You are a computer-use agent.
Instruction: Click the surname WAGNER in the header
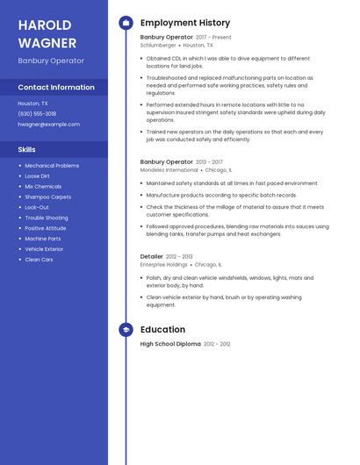pos(47,42)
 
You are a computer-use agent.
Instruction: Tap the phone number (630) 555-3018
pos(37,113)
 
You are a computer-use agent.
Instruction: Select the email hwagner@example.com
pos(49,124)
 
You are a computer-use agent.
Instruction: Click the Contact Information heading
pos(56,87)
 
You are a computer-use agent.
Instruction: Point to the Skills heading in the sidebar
pos(27,149)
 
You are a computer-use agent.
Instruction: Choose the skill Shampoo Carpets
pos(48,197)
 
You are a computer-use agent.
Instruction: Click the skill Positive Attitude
pos(46,228)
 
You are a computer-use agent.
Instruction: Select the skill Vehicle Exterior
pos(44,249)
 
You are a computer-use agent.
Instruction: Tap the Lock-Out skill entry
pos(37,207)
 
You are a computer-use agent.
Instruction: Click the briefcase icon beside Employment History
pos(126,23)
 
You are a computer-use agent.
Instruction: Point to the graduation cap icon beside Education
pos(126,330)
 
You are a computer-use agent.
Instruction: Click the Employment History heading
pos(185,23)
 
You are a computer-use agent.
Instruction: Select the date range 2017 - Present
pos(213,37)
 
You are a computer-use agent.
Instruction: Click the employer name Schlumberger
pos(158,45)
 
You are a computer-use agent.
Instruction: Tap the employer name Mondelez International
pos(169,169)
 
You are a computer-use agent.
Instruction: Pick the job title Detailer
pos(152,256)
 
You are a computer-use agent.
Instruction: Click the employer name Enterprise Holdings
pos(164,264)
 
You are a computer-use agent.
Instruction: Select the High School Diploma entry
pos(170,344)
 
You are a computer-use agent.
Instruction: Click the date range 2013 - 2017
pos(209,161)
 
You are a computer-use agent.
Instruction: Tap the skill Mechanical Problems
pos(52,165)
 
